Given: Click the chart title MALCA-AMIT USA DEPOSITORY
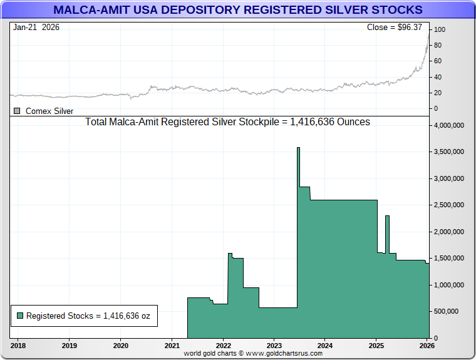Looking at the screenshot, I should pos(237,10).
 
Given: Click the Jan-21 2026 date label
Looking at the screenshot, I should pos(36,28).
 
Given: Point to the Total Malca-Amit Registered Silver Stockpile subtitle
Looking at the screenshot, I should pos(227,122).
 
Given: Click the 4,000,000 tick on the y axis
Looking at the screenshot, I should pos(449,125).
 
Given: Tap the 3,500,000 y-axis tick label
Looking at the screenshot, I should pos(449,152).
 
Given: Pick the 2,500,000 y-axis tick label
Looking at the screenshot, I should pos(449,205).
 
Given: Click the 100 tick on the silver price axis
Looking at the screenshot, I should pos(440,29).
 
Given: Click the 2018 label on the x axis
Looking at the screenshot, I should pos(18,345).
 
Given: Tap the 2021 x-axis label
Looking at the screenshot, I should pos(172,345).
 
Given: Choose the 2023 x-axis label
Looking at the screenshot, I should pos(274,345).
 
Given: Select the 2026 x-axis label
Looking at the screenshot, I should pos(427,345).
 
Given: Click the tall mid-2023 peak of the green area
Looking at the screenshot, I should pos(298,150).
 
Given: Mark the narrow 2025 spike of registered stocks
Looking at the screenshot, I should pos(388,219).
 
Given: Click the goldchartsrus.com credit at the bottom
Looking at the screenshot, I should pos(253,354).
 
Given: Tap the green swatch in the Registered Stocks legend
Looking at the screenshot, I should pos(20,316).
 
